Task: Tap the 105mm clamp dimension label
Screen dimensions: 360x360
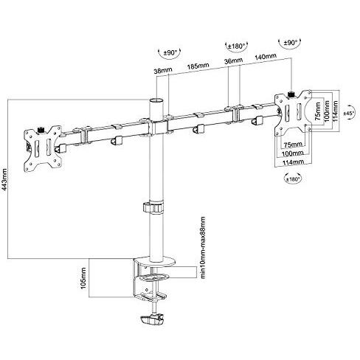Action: [84, 277]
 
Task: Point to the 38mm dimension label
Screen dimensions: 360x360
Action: [163, 72]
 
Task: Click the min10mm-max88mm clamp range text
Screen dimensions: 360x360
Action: [199, 243]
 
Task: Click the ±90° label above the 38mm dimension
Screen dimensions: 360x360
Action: [168, 52]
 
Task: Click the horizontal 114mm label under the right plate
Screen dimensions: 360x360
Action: [294, 162]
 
